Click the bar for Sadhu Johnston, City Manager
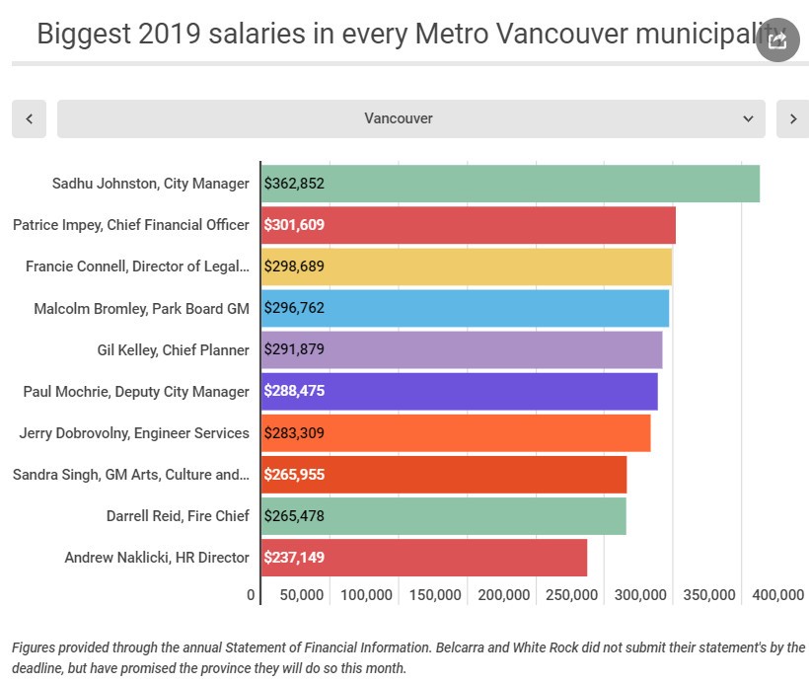(x=510, y=184)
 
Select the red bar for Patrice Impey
(x=469, y=225)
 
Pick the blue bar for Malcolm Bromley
(x=466, y=308)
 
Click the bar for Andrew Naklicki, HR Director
(x=424, y=558)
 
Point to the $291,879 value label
(x=294, y=349)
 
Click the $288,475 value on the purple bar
(x=294, y=391)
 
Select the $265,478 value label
(x=294, y=516)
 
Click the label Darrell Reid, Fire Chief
(x=178, y=516)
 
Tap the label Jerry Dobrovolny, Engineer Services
(x=134, y=433)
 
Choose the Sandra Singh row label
(x=130, y=475)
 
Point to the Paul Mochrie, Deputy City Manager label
(x=136, y=392)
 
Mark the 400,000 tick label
(x=778, y=595)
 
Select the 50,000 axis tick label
(x=301, y=595)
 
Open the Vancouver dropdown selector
(x=410, y=118)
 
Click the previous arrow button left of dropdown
(x=29, y=118)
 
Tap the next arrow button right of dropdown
(x=792, y=118)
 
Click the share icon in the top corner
(x=777, y=40)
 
